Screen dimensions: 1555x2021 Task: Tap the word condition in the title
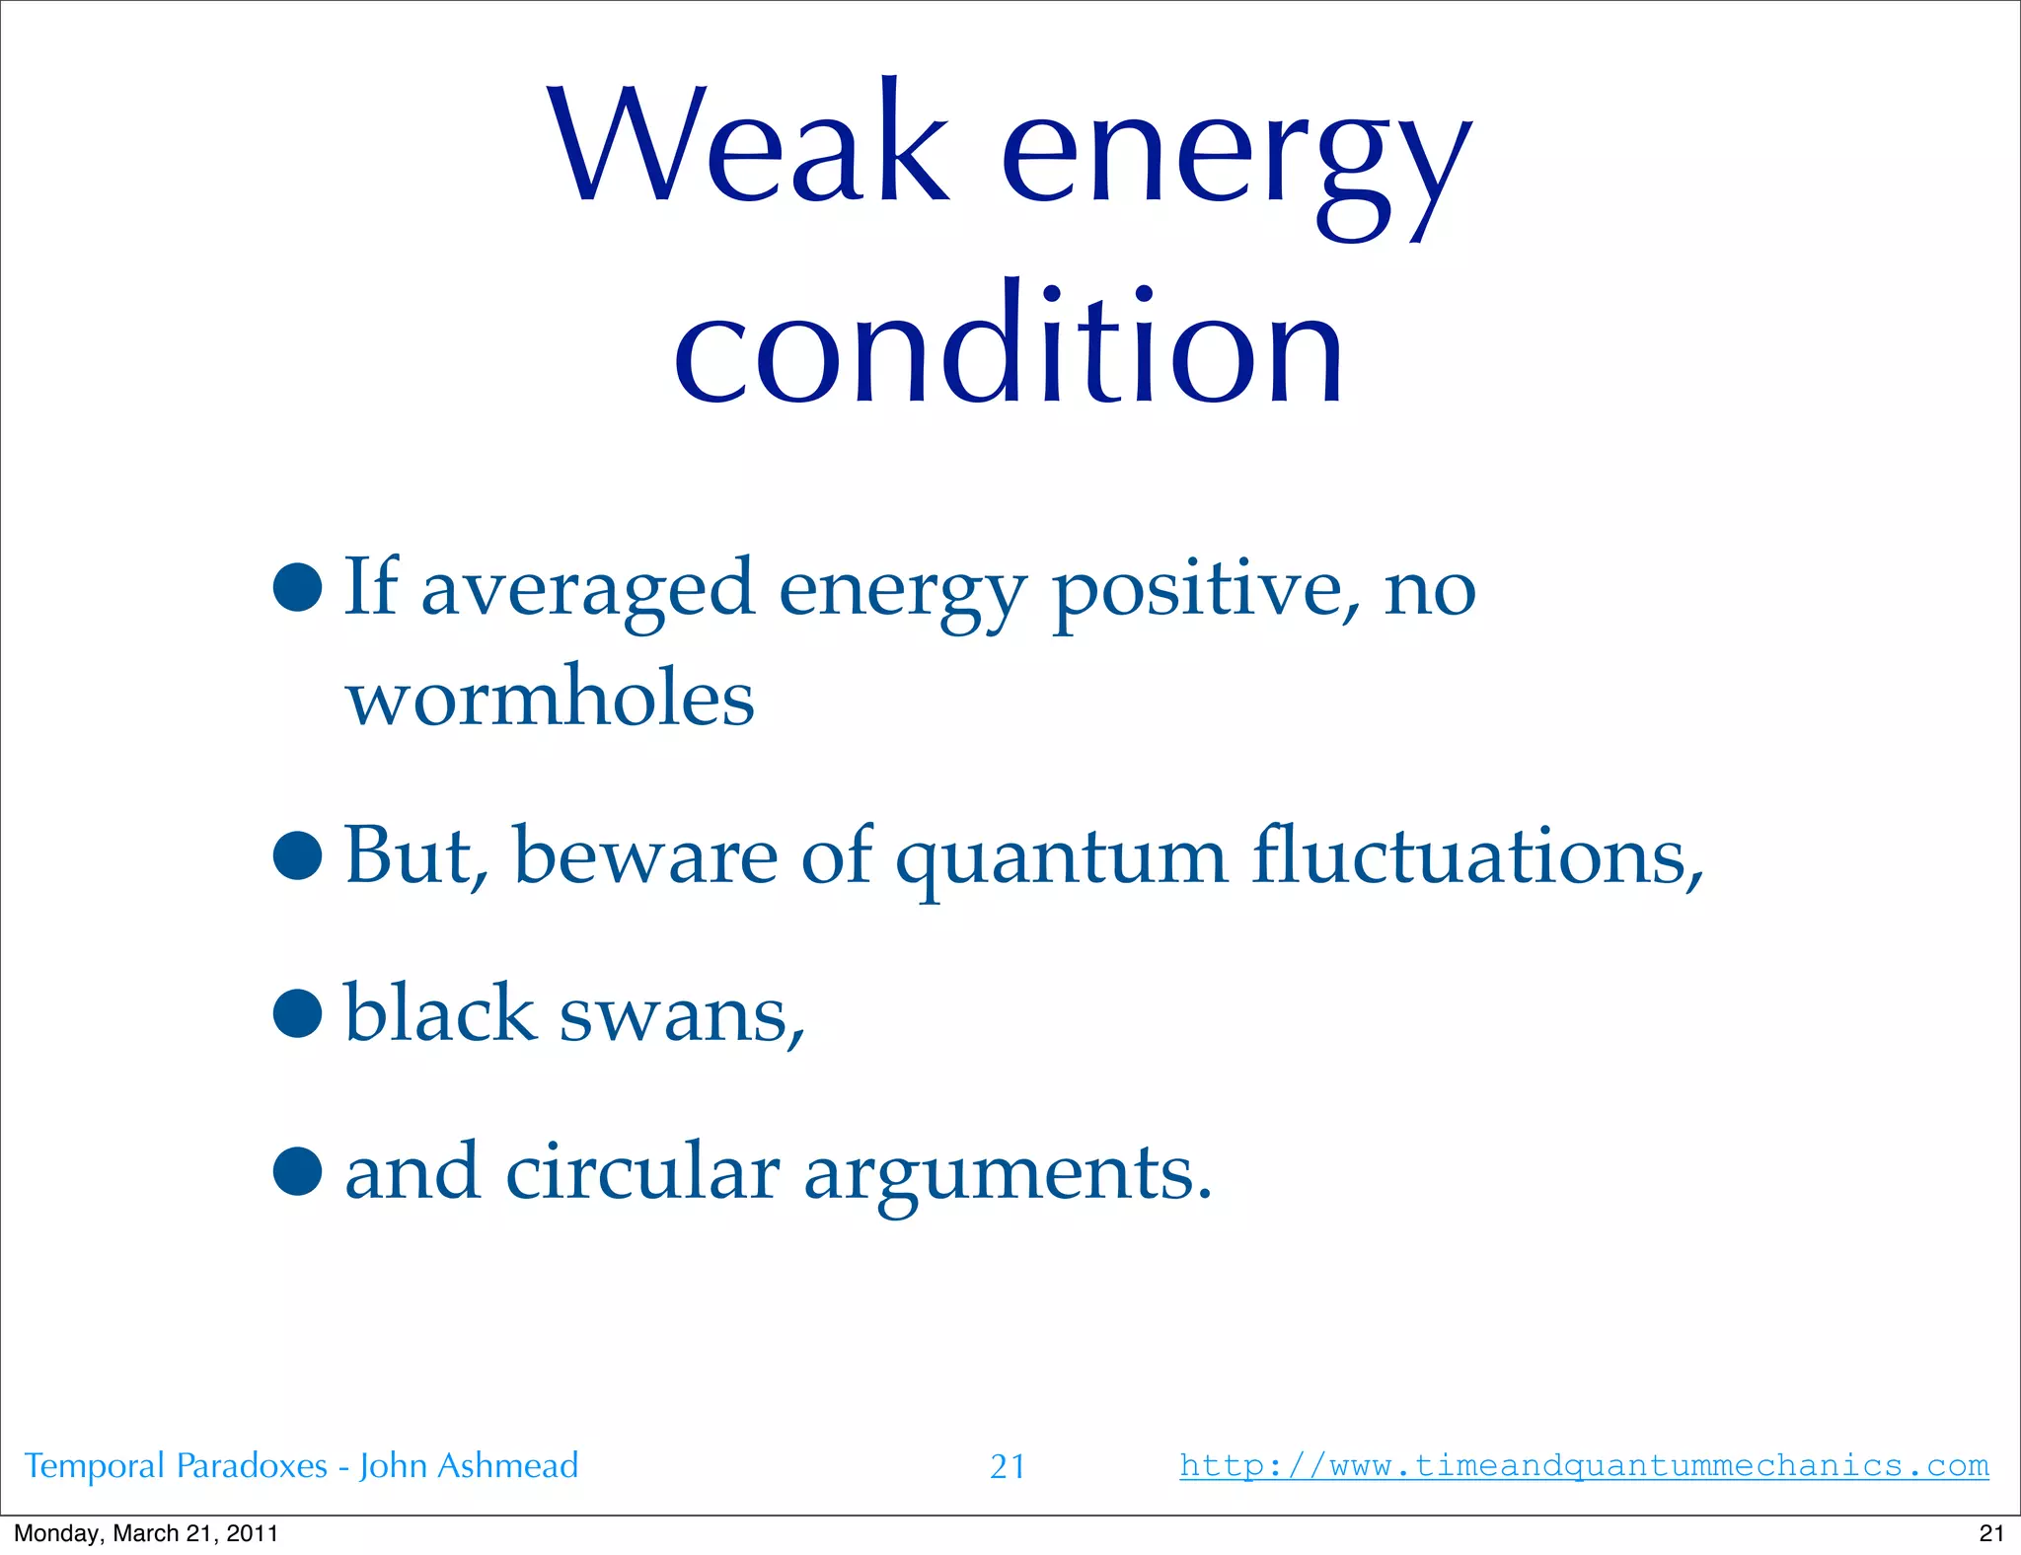[x=1009, y=347]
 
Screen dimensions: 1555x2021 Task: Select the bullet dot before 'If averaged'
[x=298, y=588]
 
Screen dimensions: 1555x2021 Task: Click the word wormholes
[x=550, y=698]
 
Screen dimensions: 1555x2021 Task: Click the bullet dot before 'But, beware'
[x=298, y=855]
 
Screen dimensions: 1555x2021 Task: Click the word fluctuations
[x=1477, y=855]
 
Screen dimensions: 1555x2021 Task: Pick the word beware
[x=645, y=855]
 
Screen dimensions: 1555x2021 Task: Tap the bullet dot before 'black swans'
[x=298, y=1013]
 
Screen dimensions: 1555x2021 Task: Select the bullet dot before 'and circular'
[x=298, y=1172]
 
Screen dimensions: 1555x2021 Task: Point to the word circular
[x=642, y=1172]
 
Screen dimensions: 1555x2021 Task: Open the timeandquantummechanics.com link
[x=1583, y=1465]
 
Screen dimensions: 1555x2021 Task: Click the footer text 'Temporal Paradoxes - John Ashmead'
[x=301, y=1466]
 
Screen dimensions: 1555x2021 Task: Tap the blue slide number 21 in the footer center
[x=1007, y=1467]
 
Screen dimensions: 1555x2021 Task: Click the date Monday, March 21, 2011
[x=146, y=1533]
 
